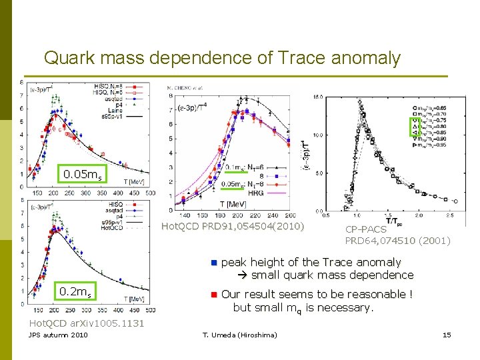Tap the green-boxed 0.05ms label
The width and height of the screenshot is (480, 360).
pyautogui.click(x=82, y=175)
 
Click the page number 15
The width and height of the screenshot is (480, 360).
pyautogui.click(x=447, y=335)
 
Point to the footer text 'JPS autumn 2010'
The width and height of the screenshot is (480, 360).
pyautogui.click(x=57, y=335)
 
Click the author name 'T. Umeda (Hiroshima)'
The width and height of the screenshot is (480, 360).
pyautogui.click(x=239, y=335)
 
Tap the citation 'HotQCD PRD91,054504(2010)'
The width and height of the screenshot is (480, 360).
pyautogui.click(x=232, y=227)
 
